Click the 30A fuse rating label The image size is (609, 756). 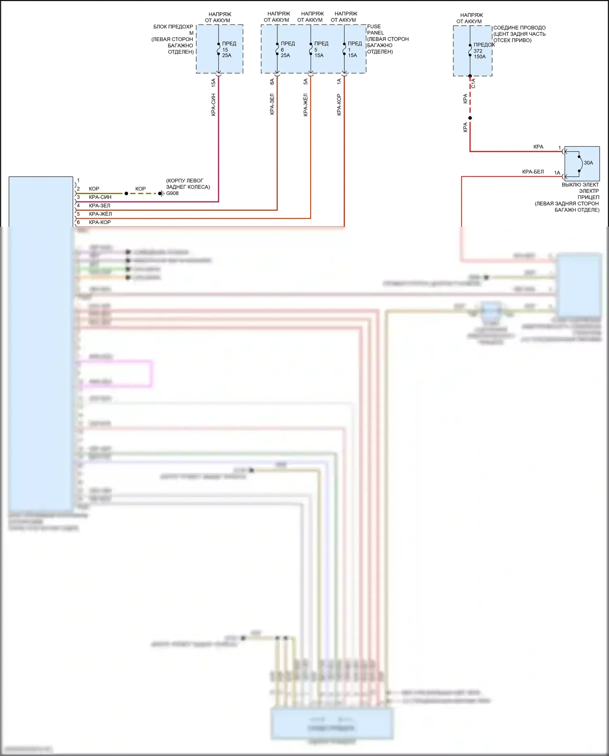coord(588,163)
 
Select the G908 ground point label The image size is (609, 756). coord(173,193)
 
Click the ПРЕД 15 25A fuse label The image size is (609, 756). coord(228,50)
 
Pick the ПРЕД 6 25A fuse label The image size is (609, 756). coord(287,50)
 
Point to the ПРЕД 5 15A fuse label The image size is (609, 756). coord(320,50)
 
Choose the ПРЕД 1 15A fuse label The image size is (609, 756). coord(354,50)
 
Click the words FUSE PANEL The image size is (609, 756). coord(375,30)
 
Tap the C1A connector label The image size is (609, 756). coord(473,83)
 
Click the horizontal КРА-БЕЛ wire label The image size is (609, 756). coord(533,172)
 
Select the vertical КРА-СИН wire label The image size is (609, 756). coord(214,105)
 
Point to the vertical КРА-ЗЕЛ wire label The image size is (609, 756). coord(272,104)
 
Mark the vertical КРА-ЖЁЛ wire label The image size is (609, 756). coord(306,105)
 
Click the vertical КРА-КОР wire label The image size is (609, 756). coord(339,105)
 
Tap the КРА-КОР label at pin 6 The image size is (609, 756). coord(100,222)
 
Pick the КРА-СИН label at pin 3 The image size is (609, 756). coord(100,197)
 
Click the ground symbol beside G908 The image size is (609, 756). coord(162,193)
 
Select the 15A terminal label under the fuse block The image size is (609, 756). coord(214,82)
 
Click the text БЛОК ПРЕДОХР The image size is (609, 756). coord(173,27)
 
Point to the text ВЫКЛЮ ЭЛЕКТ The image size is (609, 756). coord(580,185)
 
